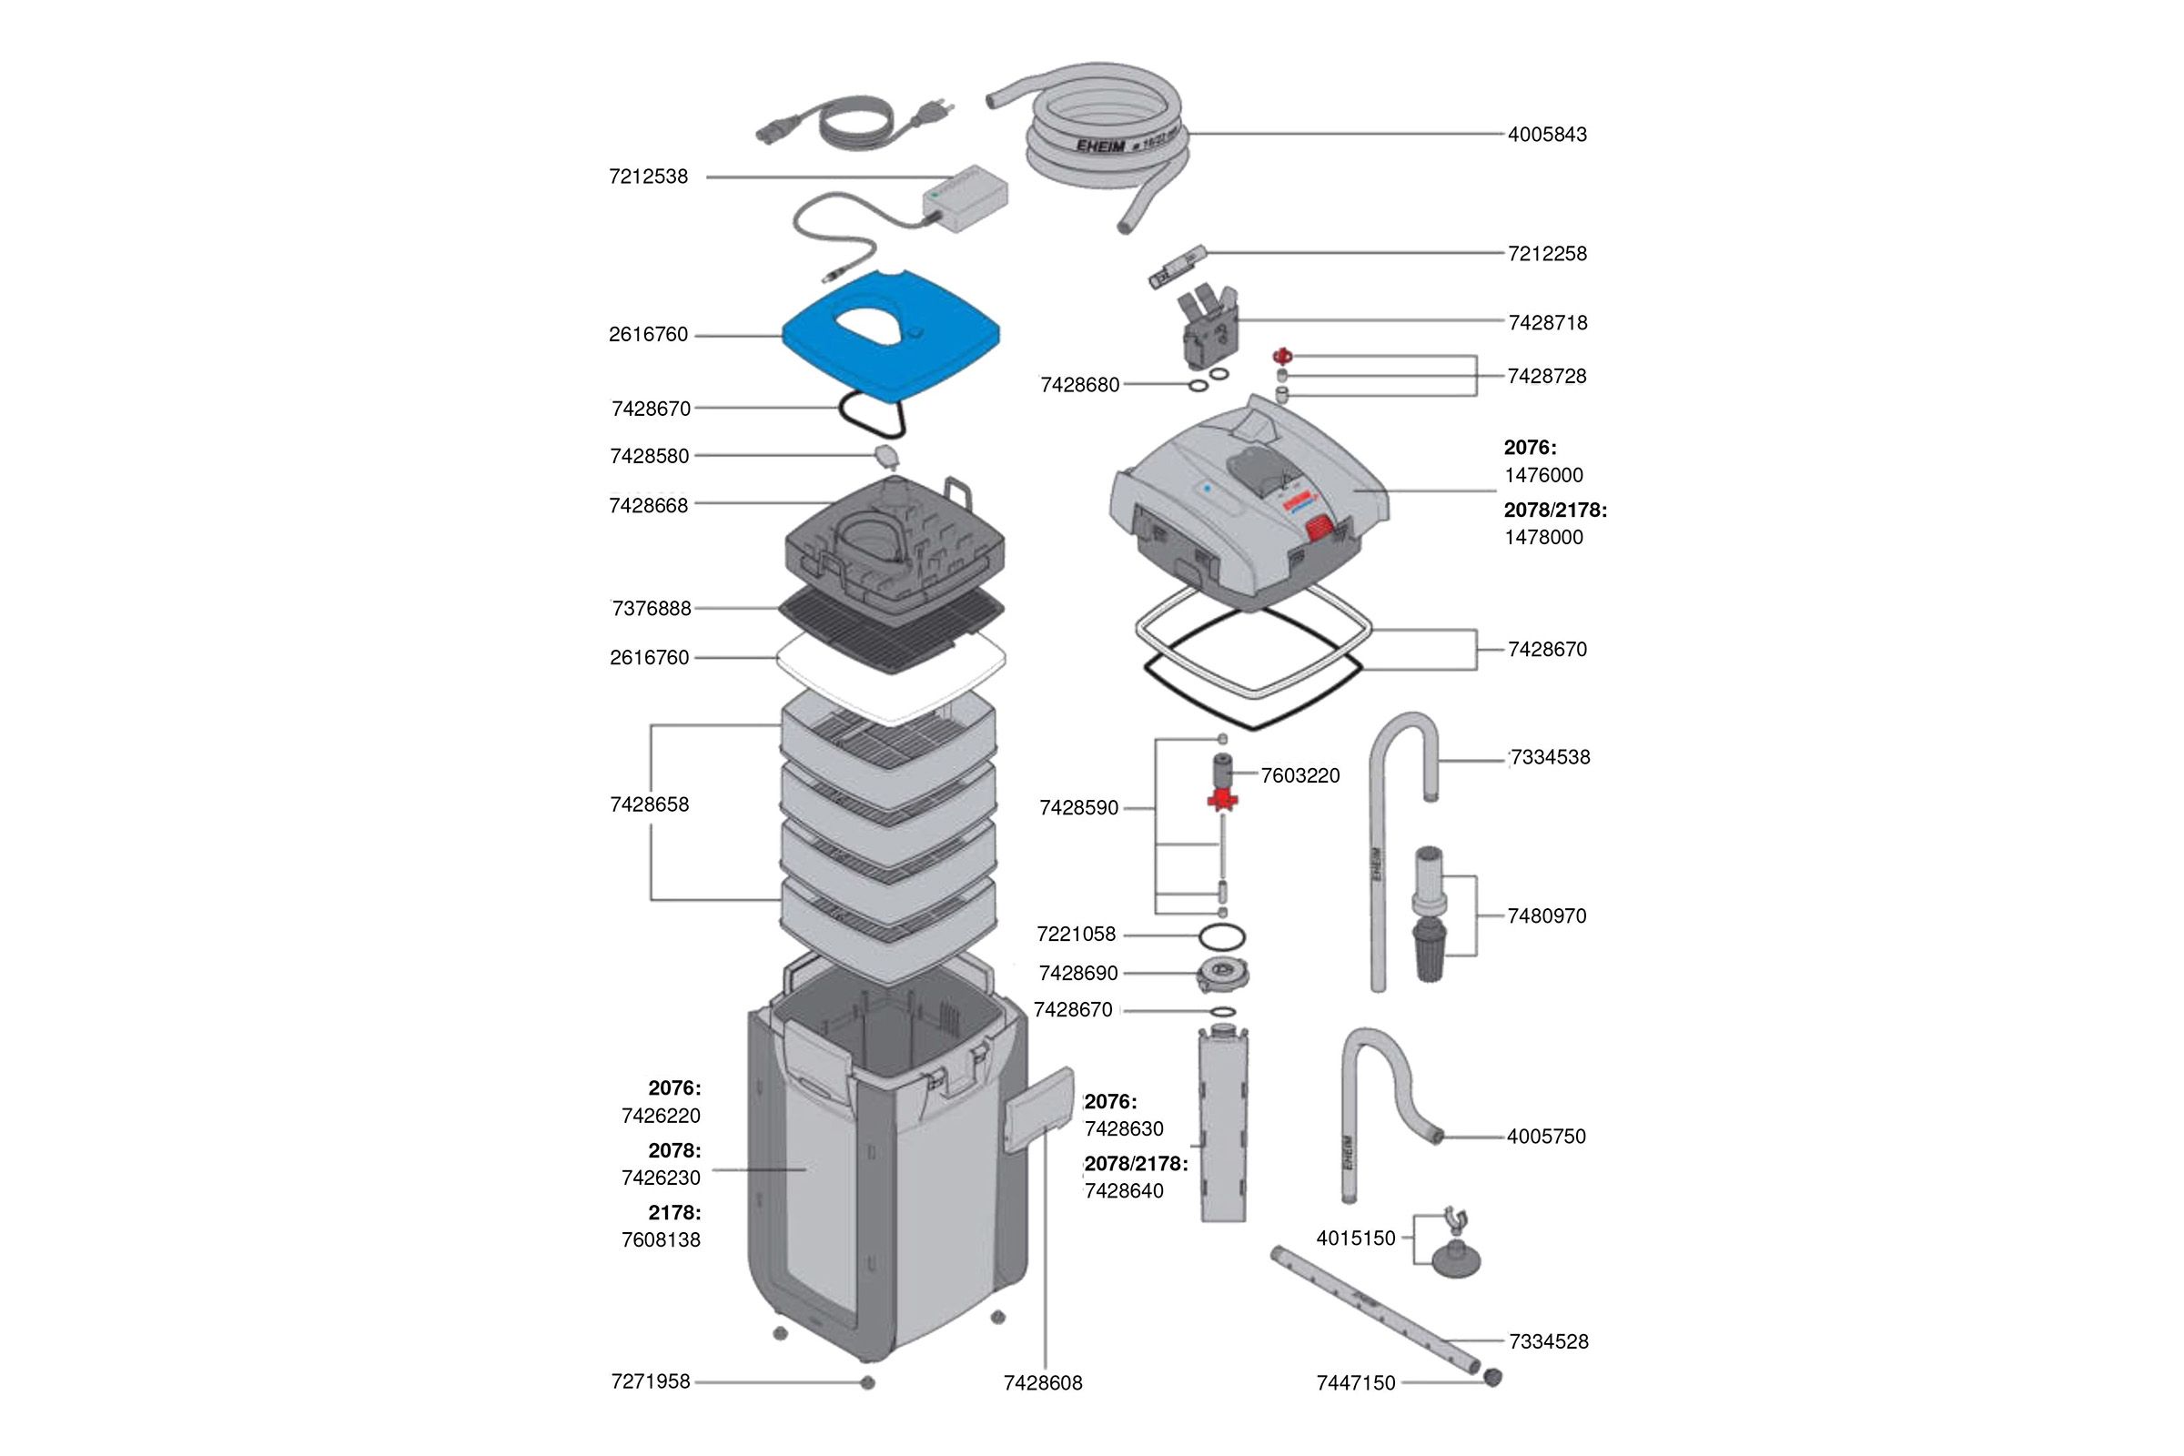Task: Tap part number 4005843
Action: (x=1547, y=135)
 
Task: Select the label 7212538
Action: (x=648, y=177)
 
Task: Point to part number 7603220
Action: (x=1300, y=775)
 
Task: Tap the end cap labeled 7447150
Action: (x=1492, y=1376)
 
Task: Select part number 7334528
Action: (x=1549, y=1340)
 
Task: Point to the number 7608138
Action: (x=662, y=1239)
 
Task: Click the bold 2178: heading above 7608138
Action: (x=674, y=1212)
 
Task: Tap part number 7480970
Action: (x=1547, y=915)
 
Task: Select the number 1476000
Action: (x=1543, y=475)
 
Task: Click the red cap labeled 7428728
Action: (x=1282, y=356)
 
